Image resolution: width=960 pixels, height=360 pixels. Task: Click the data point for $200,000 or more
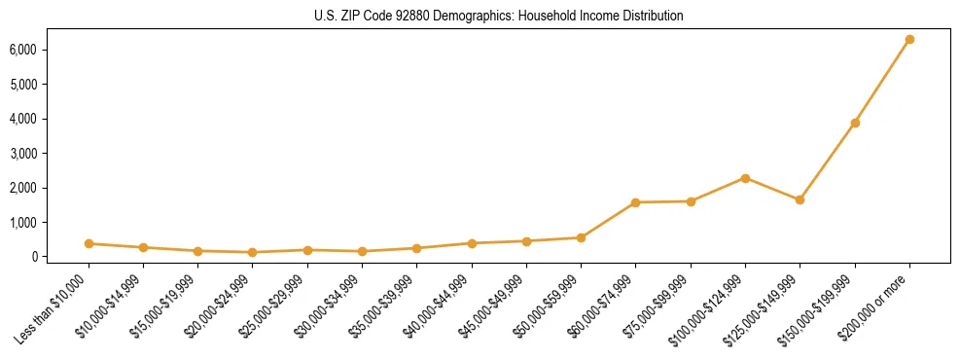(909, 40)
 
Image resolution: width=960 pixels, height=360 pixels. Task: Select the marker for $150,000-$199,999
(855, 124)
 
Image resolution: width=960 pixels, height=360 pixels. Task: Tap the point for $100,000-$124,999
(745, 178)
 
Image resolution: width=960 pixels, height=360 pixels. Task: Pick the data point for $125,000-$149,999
(800, 199)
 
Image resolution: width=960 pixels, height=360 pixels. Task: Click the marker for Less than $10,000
(89, 244)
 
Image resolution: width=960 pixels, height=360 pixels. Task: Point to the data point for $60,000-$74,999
(635, 202)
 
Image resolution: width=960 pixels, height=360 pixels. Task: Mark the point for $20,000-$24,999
(253, 253)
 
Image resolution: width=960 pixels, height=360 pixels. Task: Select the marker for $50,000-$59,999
(581, 237)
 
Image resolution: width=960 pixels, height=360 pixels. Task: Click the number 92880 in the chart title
(411, 17)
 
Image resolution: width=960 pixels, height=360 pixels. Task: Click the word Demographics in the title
(470, 17)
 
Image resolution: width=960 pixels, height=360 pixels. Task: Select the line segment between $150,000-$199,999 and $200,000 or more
(882, 82)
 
